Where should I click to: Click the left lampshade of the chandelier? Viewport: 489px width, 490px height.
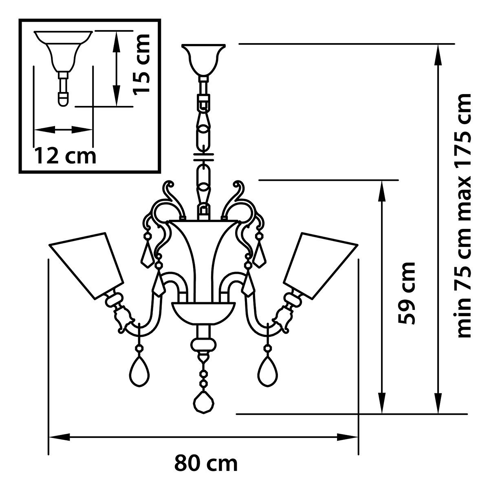pos(86,266)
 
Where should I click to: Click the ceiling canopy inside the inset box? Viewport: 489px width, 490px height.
pos(63,51)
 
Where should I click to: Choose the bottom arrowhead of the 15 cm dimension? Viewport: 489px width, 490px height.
pos(116,96)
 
